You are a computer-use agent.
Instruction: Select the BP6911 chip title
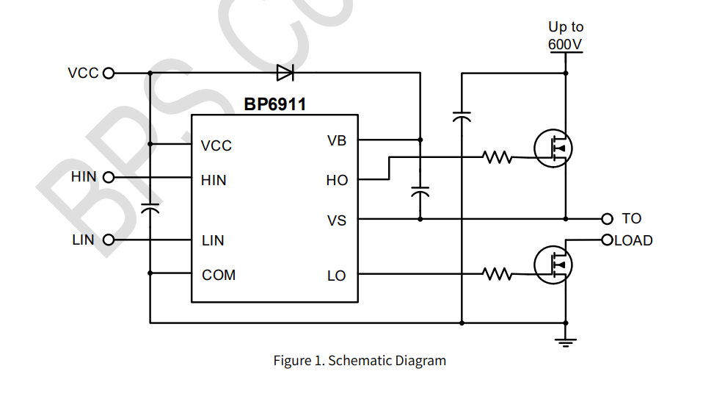pos(274,105)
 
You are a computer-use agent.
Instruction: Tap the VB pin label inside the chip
pos(337,140)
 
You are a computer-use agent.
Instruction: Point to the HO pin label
pos(337,180)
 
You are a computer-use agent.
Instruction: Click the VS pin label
pos(337,220)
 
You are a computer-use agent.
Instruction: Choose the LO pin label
pos(337,276)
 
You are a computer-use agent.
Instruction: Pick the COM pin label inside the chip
pos(219,276)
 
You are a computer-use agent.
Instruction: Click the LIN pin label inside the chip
pos(213,240)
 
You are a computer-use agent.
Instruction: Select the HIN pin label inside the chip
pos(214,180)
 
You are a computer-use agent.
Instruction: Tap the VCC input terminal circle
pos(109,73)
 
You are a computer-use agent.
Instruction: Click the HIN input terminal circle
pos(109,177)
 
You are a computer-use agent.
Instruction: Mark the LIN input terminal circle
pos(109,240)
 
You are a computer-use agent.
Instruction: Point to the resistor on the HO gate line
pos(498,157)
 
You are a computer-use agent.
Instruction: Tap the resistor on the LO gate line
pos(498,274)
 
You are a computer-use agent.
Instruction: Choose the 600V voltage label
pos(566,44)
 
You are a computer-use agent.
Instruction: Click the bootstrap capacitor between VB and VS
pos(420,193)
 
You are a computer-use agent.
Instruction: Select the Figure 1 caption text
pos(360,361)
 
